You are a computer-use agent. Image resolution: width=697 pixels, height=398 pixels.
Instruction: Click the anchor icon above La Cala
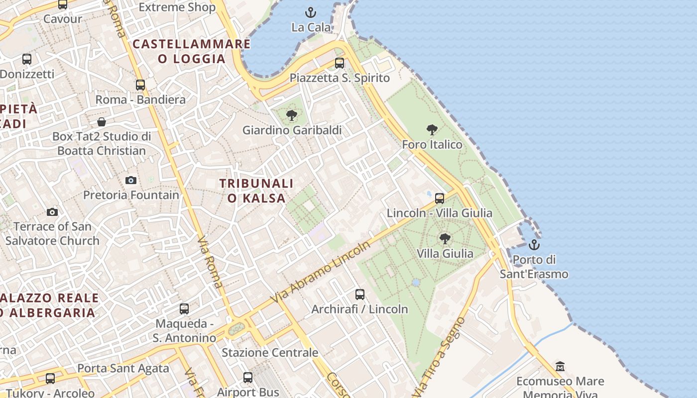pos(311,12)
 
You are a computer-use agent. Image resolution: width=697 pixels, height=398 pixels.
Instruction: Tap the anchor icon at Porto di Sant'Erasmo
pos(534,245)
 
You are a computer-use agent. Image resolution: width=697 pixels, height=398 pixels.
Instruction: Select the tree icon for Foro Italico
pos(432,130)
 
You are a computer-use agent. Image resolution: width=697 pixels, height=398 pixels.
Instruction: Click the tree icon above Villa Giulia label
pos(445,239)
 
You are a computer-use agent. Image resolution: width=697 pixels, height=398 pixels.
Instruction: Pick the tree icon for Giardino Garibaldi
pos(292,116)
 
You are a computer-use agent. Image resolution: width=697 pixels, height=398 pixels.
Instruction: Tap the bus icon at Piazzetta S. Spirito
pos(340,63)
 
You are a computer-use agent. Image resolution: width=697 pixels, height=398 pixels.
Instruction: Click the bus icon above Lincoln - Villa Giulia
pos(440,199)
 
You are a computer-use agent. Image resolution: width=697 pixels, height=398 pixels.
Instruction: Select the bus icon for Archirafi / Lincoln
pos(360,295)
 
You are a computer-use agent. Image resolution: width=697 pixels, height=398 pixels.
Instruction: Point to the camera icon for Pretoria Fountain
pos(131,180)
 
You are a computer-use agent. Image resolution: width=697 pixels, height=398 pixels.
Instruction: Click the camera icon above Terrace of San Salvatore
pos(52,212)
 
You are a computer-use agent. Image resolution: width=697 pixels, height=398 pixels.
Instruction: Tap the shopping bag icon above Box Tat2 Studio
pos(102,122)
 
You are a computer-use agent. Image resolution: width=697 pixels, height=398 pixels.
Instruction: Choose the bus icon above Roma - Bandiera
pos(140,85)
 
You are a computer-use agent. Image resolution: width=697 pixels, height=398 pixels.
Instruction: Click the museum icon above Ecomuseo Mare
pos(560,366)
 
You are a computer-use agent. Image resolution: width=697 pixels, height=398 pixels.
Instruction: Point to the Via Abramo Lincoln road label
pos(321,272)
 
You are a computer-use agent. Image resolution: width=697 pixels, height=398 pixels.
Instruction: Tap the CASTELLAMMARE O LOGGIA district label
pos(192,51)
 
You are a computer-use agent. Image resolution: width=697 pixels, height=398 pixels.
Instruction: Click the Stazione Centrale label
pos(270,353)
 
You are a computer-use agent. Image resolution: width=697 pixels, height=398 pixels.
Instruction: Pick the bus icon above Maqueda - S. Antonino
pos(184,309)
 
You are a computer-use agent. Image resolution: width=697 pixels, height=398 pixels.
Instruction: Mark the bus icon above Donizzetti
pos(27,59)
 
